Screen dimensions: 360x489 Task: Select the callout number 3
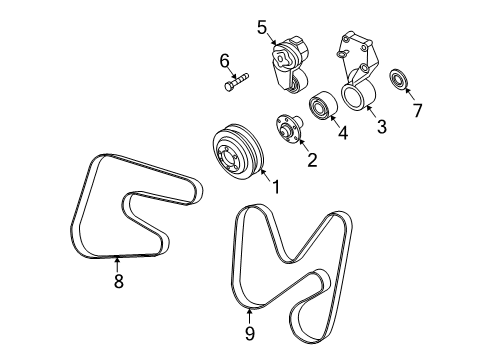380,126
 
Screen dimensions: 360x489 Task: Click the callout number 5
263,28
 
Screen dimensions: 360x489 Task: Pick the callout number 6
226,61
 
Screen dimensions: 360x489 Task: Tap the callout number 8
119,282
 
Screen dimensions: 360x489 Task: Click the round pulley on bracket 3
358,98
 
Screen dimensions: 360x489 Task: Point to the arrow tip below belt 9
249,306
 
